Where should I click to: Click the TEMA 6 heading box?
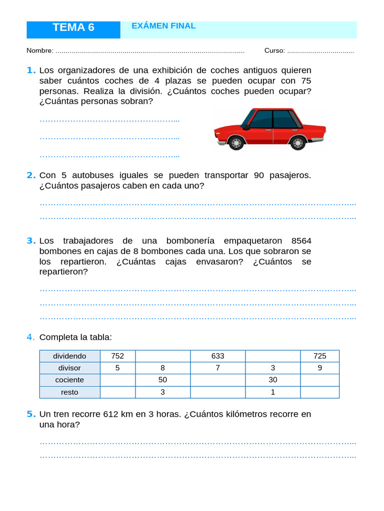pos(73,28)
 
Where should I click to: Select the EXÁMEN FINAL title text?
pos(163,26)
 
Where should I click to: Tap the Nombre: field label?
pos(40,51)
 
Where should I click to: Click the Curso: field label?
pos(274,51)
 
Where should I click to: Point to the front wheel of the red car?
pos(236,143)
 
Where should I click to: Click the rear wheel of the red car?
pos(297,143)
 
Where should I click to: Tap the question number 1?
pos(31,70)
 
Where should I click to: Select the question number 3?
pos(31,241)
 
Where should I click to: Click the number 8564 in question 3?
pos(301,241)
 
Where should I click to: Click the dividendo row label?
pos(69,356)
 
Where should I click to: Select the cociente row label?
pos(69,380)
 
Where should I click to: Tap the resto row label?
pos(69,392)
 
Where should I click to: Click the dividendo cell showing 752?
pos(117,356)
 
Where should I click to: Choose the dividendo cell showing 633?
pos(217,356)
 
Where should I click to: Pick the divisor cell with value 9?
pos(319,368)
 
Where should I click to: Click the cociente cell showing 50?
pos(162,380)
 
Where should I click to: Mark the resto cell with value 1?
pos(272,392)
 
